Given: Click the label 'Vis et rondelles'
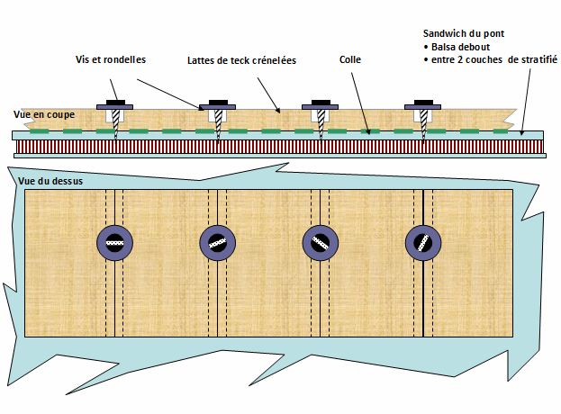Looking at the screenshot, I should (x=111, y=59).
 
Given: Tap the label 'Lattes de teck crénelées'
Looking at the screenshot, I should (x=242, y=60).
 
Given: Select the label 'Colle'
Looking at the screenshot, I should (x=350, y=60).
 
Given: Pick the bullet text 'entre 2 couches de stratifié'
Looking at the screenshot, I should (x=486, y=59).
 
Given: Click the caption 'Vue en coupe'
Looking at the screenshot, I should (x=44, y=114).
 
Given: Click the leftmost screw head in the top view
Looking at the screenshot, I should (x=114, y=241).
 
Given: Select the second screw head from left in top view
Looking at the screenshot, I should (x=216, y=241).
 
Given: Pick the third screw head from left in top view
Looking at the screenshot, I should (x=319, y=241).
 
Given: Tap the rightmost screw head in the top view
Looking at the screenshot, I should (x=421, y=241).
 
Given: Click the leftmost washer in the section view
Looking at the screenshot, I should (x=115, y=107).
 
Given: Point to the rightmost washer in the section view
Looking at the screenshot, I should (x=422, y=107).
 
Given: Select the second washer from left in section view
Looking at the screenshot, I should (x=217, y=107).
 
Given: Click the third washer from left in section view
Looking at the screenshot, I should (x=320, y=107).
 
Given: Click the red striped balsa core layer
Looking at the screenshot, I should (x=270, y=144).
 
